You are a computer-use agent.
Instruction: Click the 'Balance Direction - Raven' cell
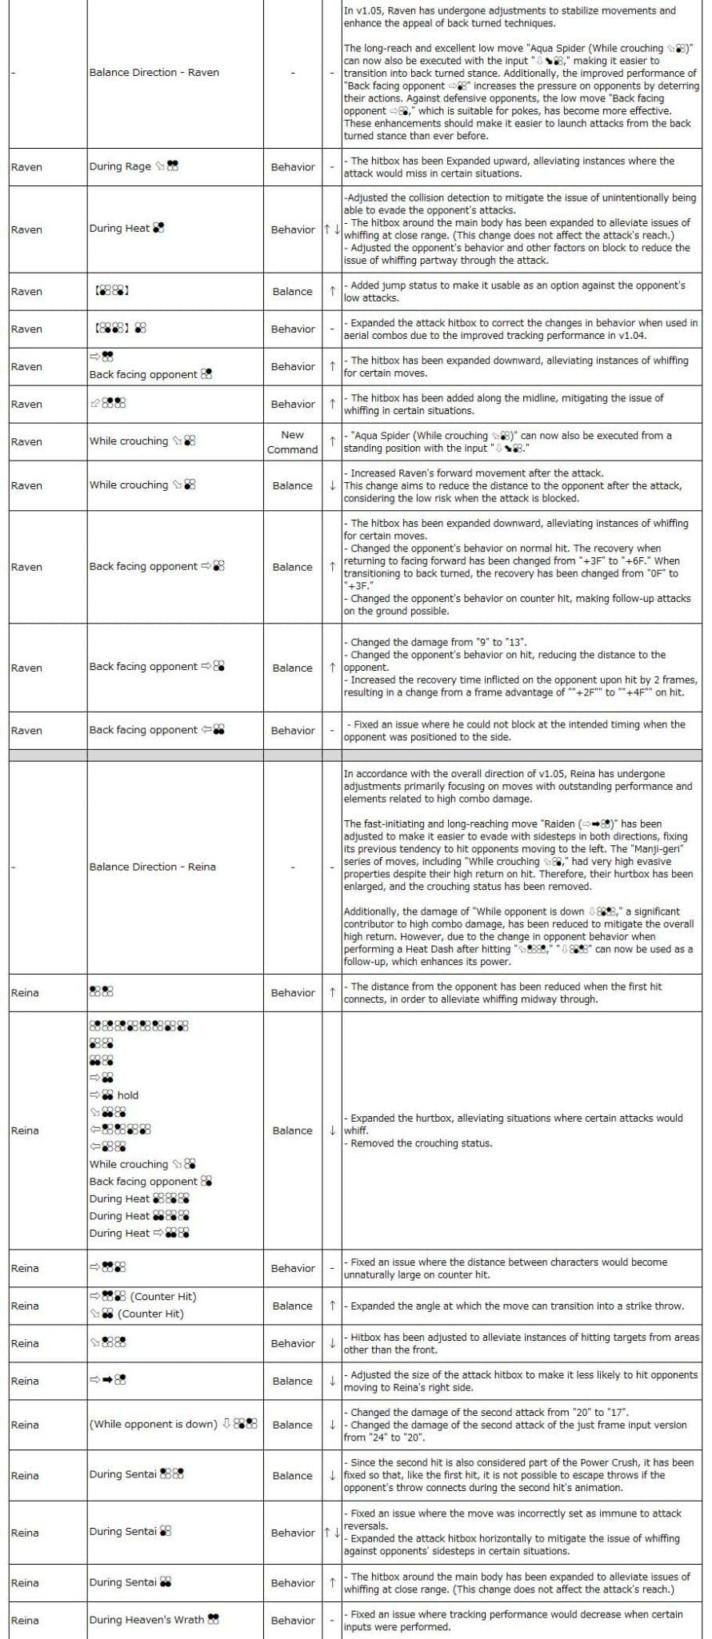[154, 73]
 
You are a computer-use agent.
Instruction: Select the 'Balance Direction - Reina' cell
[152, 867]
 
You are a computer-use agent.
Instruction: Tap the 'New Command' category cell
[292, 442]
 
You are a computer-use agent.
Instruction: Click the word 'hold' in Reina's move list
[128, 1095]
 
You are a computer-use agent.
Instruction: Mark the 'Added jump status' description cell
[521, 292]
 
